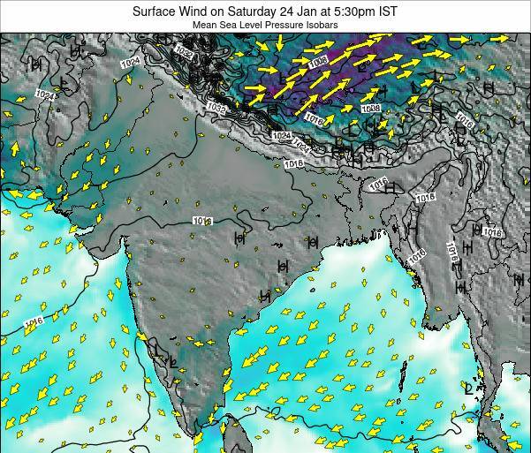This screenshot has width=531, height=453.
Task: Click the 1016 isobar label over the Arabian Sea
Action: [33, 321]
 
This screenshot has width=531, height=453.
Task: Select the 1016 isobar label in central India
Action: [202, 221]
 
